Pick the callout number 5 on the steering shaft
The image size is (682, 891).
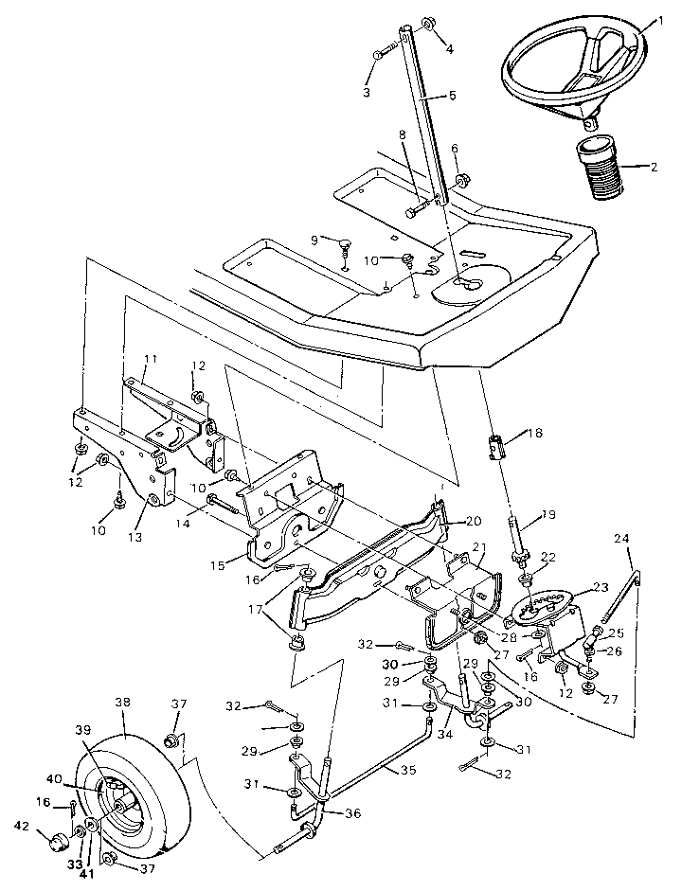tap(451, 96)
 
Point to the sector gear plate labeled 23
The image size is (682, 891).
tap(543, 607)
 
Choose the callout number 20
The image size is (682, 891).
tap(474, 521)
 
